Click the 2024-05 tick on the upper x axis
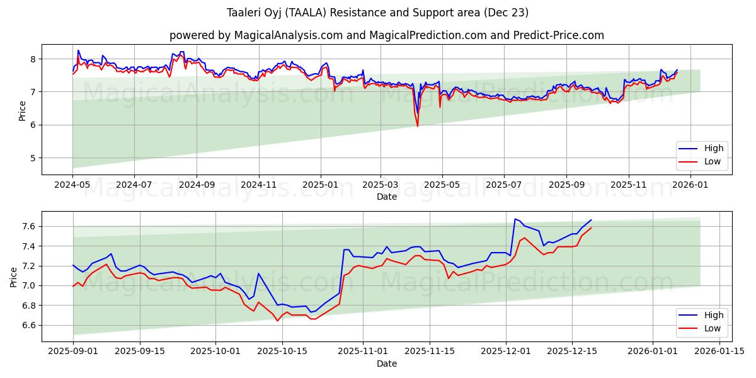pyautogui.click(x=72, y=185)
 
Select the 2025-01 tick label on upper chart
pyautogui.click(x=320, y=185)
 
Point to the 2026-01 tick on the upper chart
pyautogui.click(x=692, y=185)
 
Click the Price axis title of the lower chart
pyautogui.click(x=14, y=277)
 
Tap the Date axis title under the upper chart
pyautogui.click(x=386, y=197)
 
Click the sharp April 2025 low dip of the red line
pyautogui.click(x=417, y=126)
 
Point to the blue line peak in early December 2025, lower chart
pyautogui.click(x=515, y=219)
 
